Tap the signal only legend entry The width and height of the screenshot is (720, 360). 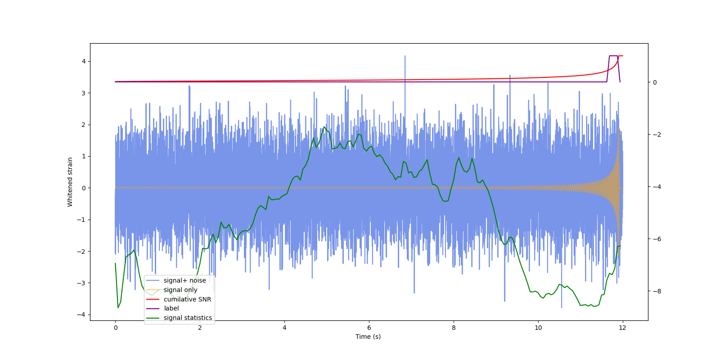pos(180,290)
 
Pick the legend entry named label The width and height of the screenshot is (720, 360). pos(171,308)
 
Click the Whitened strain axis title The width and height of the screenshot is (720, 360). pos(70,182)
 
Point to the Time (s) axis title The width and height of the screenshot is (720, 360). pos(368,337)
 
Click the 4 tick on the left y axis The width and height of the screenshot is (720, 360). pos(84,61)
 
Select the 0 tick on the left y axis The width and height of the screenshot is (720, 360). pos(84,188)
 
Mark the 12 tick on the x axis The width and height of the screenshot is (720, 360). pos(623,328)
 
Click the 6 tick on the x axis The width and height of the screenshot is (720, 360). pos(369,328)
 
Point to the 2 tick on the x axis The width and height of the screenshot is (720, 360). pos(200,328)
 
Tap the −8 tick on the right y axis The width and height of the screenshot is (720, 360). pos(654,291)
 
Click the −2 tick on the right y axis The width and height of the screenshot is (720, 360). pos(654,135)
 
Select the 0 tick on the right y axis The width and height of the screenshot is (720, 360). pos(655,82)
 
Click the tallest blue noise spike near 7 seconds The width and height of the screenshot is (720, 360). pos(405,57)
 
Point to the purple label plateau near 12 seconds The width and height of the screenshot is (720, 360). pos(613,56)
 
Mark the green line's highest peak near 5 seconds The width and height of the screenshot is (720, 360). pos(324,127)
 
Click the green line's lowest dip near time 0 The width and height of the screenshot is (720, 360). pos(118,307)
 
